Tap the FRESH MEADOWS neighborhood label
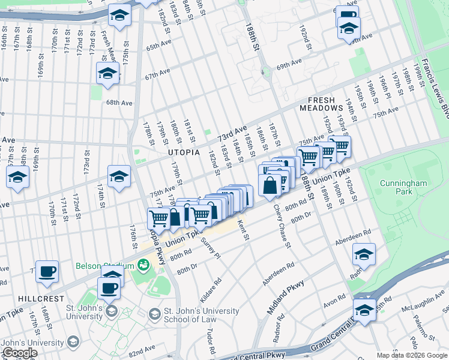tap(325, 104)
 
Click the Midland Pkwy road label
tap(287, 297)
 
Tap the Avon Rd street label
tap(334, 298)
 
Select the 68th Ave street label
tap(119, 103)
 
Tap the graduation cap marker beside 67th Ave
tap(107, 74)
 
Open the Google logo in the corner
tap(20, 353)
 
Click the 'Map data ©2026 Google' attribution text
tap(411, 355)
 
